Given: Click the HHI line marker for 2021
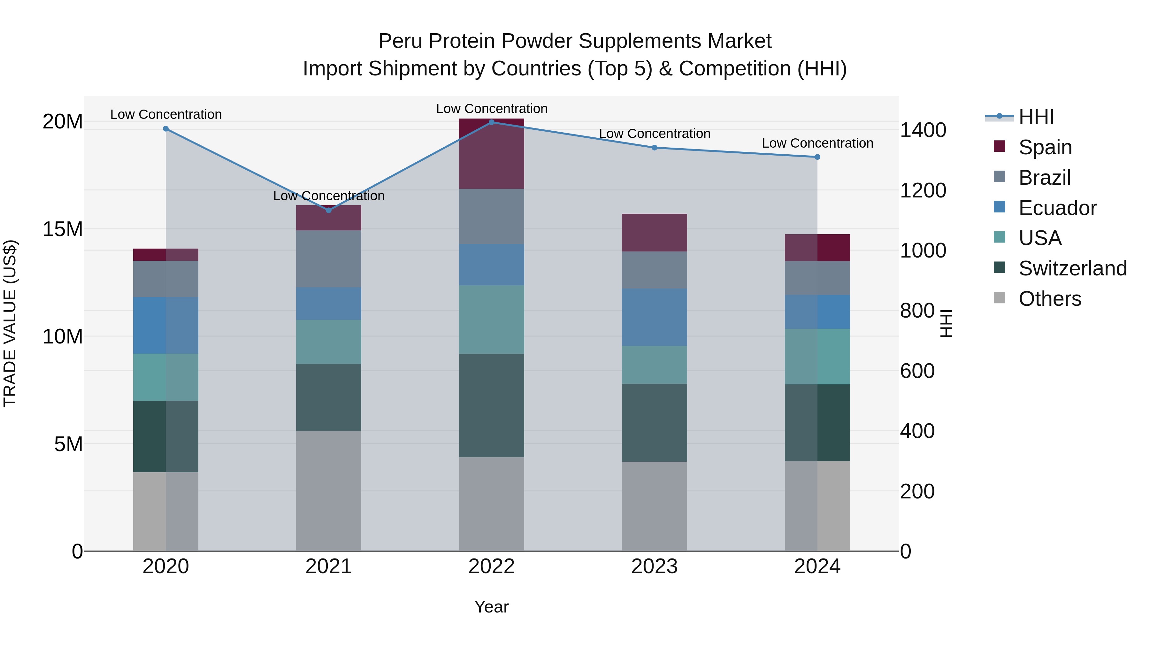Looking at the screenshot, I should tap(329, 210).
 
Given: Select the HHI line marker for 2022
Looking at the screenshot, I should tap(492, 122).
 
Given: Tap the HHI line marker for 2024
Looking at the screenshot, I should tap(817, 157).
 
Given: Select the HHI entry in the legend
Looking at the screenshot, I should tap(1036, 117).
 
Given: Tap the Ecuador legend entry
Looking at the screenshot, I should tap(1057, 208).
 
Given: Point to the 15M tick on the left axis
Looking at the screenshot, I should tap(63, 229).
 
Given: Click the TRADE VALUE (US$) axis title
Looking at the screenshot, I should tap(10, 323).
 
